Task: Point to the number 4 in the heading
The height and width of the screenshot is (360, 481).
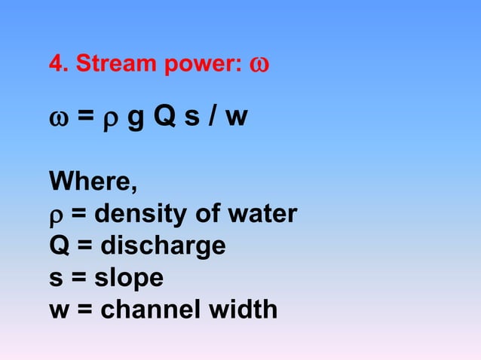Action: (55, 66)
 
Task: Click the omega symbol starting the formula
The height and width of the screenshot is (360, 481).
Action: (58, 119)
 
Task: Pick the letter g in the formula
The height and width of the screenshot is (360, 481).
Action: (136, 121)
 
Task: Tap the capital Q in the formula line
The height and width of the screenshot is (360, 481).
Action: (167, 118)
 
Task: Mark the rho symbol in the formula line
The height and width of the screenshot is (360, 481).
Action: (109, 121)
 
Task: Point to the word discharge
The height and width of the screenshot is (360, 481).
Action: (163, 246)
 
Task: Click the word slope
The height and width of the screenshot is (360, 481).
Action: (128, 278)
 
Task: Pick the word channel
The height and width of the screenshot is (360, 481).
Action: (142, 309)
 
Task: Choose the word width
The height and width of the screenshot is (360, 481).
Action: (239, 309)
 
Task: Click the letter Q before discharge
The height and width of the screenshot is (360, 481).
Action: (58, 246)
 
